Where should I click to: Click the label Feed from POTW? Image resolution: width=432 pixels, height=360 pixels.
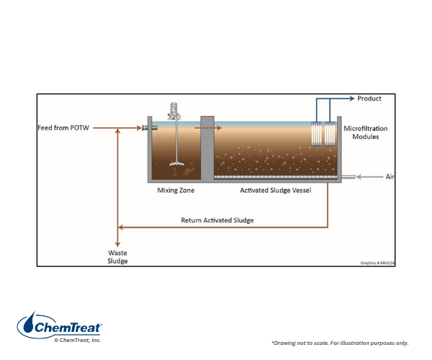(x=64, y=128)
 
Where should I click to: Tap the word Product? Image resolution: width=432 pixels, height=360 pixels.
(x=369, y=99)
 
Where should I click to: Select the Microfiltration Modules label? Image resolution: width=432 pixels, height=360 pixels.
(x=365, y=132)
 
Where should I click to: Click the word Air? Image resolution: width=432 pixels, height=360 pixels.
(x=390, y=176)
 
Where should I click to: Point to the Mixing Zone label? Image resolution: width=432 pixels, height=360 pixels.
(x=176, y=191)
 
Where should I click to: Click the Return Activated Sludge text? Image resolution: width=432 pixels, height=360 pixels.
(x=217, y=220)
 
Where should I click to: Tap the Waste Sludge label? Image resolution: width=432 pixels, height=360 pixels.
(x=117, y=257)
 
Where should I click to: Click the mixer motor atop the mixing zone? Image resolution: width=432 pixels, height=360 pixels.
(x=173, y=112)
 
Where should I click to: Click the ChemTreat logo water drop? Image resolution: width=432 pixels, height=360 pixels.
(x=28, y=325)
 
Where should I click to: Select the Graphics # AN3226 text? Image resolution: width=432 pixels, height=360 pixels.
(x=377, y=263)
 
